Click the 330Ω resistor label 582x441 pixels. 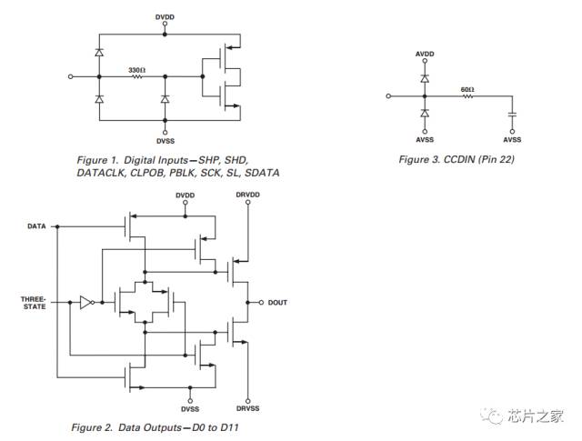click(137, 70)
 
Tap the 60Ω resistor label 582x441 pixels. click(467, 90)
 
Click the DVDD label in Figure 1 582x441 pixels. click(165, 17)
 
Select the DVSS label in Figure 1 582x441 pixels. click(166, 141)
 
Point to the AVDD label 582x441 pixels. click(425, 55)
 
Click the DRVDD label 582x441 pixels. click(247, 195)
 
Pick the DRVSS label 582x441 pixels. click(247, 408)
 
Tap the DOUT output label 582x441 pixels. click(277, 303)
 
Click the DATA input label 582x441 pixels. click(36, 226)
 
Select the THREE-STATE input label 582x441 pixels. click(34, 303)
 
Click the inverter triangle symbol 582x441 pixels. click(85, 303)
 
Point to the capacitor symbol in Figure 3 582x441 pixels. click(512, 114)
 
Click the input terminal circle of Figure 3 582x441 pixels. click(388, 96)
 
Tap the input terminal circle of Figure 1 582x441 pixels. click(71, 77)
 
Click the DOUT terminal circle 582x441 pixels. click(261, 303)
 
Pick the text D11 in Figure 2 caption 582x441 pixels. click(229, 427)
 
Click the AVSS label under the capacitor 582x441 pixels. click(512, 140)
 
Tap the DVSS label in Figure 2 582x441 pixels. click(190, 409)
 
